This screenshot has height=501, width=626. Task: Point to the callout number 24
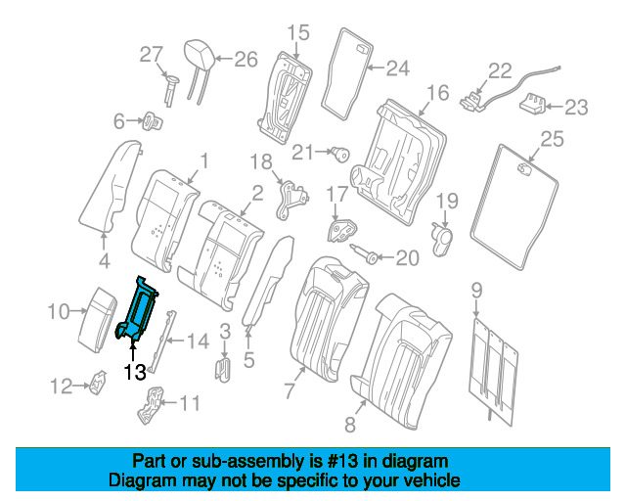[x=396, y=68]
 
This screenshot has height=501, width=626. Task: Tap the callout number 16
[x=437, y=93]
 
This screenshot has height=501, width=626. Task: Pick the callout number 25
[x=553, y=140]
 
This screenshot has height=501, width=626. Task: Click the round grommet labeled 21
[x=342, y=152]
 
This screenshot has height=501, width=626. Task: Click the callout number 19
[x=446, y=203]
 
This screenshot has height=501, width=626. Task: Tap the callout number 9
[x=476, y=289]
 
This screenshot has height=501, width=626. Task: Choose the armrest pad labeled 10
[x=97, y=312]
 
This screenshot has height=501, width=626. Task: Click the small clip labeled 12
[x=100, y=386]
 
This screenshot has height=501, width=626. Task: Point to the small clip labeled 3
[x=222, y=370]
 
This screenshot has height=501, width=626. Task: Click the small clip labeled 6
[x=153, y=122]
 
